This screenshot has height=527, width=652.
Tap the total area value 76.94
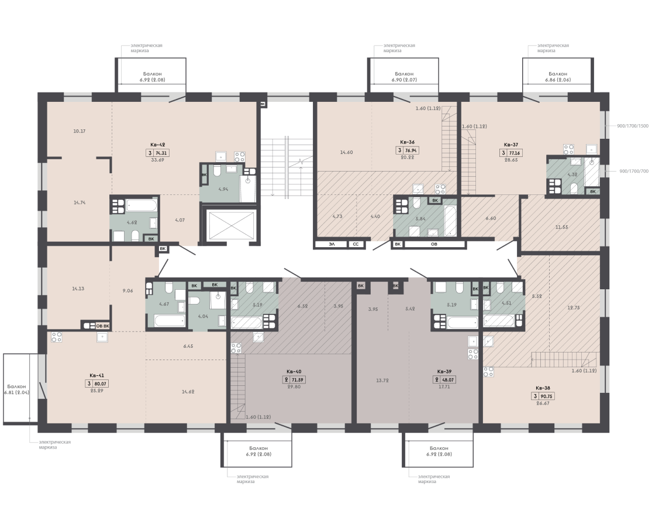pos(410,150)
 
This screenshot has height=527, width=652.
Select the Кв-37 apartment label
pos(511,145)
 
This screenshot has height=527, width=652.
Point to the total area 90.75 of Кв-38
pos(546,396)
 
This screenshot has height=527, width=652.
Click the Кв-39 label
pos(444,372)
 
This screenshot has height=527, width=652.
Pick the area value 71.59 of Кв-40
pos(297,379)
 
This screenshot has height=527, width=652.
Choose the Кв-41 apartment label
pos(96,375)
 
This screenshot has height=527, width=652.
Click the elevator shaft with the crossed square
pos(231,225)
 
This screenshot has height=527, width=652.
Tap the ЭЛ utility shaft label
pos(332,244)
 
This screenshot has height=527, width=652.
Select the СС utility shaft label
pos(356,244)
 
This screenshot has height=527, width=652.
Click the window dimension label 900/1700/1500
pos(633,126)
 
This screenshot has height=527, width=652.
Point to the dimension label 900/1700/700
pos(634,171)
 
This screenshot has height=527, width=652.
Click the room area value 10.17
pos(79,131)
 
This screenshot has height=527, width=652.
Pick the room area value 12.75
pos(574,307)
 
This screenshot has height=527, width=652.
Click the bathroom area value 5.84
pos(421,219)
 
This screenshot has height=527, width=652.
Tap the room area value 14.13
pos(78,289)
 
